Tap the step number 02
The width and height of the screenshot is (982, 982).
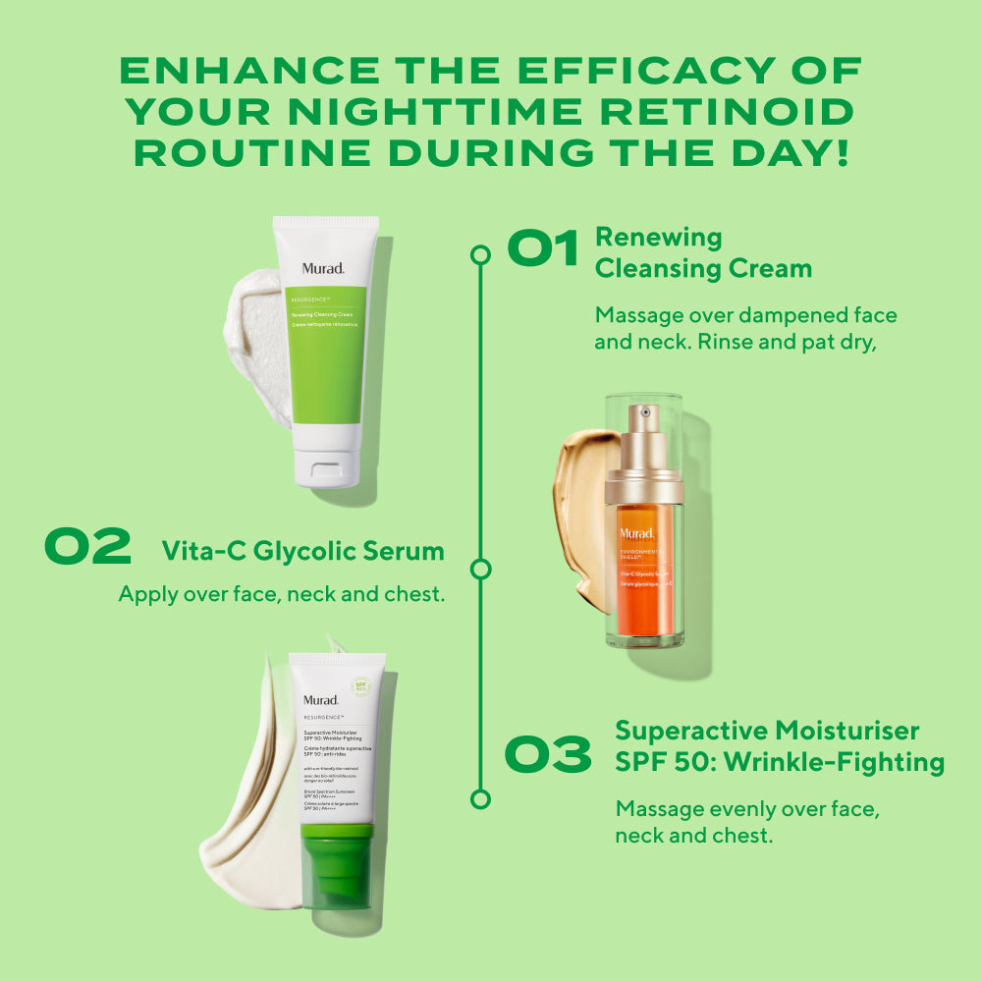coord(87,548)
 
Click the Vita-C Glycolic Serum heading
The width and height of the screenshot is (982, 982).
coord(302,551)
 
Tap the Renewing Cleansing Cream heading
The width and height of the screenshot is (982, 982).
coord(703,252)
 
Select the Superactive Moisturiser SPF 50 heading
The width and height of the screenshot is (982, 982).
coord(780,746)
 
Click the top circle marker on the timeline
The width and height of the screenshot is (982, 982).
coord(480,255)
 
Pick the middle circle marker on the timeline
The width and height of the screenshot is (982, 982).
coord(480,569)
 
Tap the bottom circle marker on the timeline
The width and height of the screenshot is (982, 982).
coord(480,798)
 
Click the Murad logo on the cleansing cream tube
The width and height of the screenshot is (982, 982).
coord(323,268)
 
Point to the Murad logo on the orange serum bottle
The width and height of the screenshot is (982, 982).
coord(636,533)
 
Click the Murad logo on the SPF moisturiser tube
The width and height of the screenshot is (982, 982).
coord(321,700)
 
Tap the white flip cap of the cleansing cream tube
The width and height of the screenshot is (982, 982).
coord(327,467)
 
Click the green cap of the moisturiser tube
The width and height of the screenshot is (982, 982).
coord(338,864)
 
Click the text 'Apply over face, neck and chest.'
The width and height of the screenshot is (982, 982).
coord(281,594)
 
